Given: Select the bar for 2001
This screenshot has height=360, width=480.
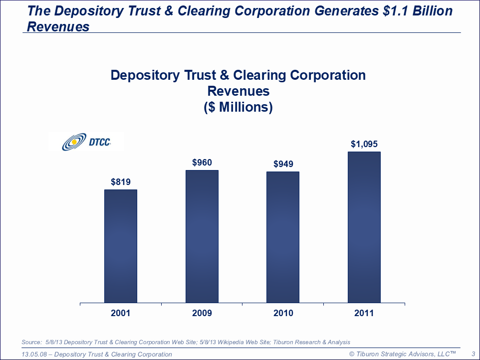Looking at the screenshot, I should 121,246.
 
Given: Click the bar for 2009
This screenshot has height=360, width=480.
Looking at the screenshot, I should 202,236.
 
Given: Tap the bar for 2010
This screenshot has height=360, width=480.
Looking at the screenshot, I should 283,237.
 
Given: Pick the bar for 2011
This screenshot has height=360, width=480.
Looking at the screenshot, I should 364,227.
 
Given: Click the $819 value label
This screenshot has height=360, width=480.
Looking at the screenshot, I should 121,182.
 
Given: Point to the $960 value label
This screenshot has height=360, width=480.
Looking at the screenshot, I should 202,163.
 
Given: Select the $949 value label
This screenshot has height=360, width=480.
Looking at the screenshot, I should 283,164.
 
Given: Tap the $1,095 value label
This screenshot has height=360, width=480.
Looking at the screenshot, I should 364,144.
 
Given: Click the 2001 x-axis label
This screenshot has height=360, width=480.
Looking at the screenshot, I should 121,313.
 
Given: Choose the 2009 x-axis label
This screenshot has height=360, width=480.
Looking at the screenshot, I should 202,313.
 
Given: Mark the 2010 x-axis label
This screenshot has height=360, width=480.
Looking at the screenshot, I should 283,313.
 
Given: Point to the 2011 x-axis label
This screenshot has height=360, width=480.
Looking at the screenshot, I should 364,313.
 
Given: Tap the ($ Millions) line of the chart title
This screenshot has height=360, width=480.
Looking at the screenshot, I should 238,107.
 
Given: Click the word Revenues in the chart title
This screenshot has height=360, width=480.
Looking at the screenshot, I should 238,91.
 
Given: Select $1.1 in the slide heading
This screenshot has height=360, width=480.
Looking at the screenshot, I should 393,10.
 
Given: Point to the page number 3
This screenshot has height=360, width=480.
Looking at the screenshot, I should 472,354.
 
